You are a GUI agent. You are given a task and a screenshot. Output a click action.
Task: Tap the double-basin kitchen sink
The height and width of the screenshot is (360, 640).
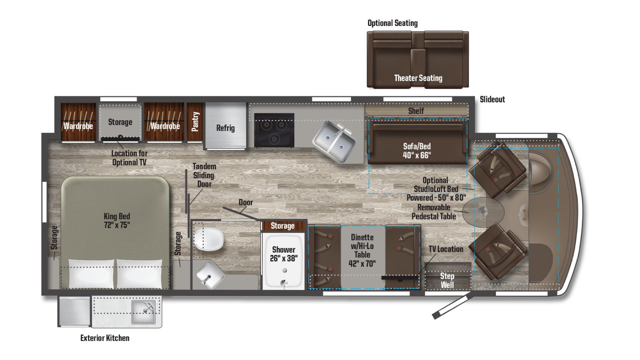[334, 141]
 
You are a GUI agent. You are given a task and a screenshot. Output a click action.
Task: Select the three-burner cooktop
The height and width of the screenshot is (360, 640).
[274, 130]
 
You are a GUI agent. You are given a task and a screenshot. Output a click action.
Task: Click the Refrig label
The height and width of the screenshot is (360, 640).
[225, 128]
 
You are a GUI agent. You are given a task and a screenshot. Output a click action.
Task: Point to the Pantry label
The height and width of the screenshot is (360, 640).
[195, 122]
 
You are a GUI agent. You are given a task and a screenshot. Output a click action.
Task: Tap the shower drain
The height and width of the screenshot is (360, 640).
[284, 270]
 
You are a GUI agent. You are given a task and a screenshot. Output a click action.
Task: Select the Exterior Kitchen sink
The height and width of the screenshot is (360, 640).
[144, 312]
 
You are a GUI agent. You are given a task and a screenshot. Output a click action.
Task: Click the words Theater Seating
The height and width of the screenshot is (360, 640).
[418, 78]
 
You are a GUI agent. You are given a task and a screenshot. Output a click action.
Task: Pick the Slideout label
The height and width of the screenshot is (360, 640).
[492, 99]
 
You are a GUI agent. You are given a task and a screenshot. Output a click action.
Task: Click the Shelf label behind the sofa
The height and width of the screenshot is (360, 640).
[416, 111]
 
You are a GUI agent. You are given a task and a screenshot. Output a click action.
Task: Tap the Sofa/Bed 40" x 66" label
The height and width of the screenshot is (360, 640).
[417, 150]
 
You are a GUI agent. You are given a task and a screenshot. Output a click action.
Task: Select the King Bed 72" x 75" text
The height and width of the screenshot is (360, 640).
[117, 221]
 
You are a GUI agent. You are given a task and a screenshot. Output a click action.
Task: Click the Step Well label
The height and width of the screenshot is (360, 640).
[447, 280]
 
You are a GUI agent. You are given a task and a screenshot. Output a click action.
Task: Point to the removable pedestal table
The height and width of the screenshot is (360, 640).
[483, 212]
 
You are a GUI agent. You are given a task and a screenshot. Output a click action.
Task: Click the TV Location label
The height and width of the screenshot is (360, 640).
[446, 249]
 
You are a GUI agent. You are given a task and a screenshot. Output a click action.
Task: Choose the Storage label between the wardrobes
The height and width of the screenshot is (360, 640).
[120, 122]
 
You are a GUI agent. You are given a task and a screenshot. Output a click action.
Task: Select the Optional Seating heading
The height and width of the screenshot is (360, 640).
[393, 23]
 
